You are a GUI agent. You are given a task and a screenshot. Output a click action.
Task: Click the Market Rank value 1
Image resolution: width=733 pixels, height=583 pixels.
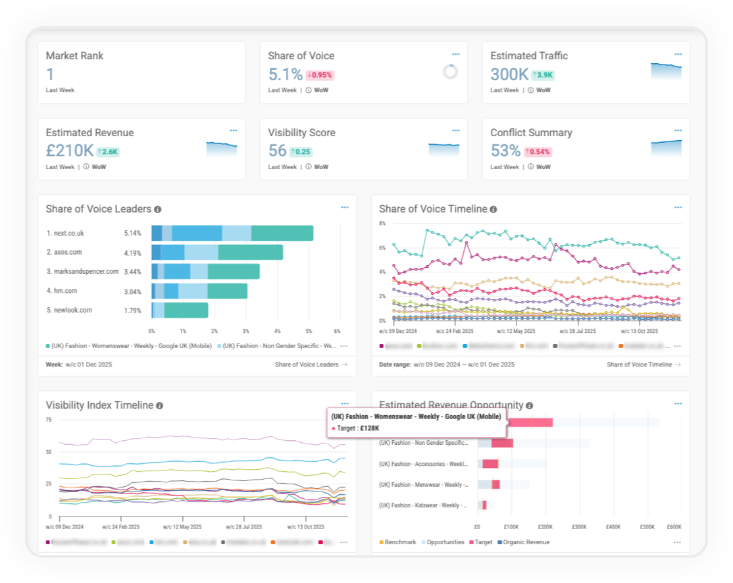click(49, 74)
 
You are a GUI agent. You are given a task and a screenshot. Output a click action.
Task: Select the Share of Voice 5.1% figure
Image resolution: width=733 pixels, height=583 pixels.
click(285, 74)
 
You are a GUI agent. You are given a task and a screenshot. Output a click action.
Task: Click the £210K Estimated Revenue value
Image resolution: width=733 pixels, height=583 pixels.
click(69, 151)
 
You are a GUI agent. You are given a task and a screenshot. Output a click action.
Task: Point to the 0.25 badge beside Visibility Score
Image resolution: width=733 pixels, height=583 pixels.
click(301, 152)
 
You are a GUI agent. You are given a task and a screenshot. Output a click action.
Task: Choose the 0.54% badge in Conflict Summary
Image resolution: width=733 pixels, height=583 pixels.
click(538, 152)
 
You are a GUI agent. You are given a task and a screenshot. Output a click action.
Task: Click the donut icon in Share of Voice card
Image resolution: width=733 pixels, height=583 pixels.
click(450, 72)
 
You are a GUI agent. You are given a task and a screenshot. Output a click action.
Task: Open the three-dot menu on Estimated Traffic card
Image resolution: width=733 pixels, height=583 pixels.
click(678, 55)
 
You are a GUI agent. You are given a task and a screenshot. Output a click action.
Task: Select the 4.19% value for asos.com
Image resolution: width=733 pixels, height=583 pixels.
click(132, 252)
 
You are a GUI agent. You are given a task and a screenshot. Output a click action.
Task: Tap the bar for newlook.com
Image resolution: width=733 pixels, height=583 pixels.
click(180, 310)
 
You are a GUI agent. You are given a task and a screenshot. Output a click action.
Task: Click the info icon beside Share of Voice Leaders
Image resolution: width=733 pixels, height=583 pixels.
click(158, 209)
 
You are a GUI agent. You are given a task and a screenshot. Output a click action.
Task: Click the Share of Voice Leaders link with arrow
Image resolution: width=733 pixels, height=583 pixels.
click(311, 364)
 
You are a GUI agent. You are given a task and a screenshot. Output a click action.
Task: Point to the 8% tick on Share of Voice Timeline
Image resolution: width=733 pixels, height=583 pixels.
click(382, 223)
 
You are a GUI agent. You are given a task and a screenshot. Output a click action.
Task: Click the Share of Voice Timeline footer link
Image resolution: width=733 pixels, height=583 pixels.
click(644, 364)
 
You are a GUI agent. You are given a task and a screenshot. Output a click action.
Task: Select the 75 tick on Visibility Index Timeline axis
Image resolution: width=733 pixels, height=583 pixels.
click(49, 419)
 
